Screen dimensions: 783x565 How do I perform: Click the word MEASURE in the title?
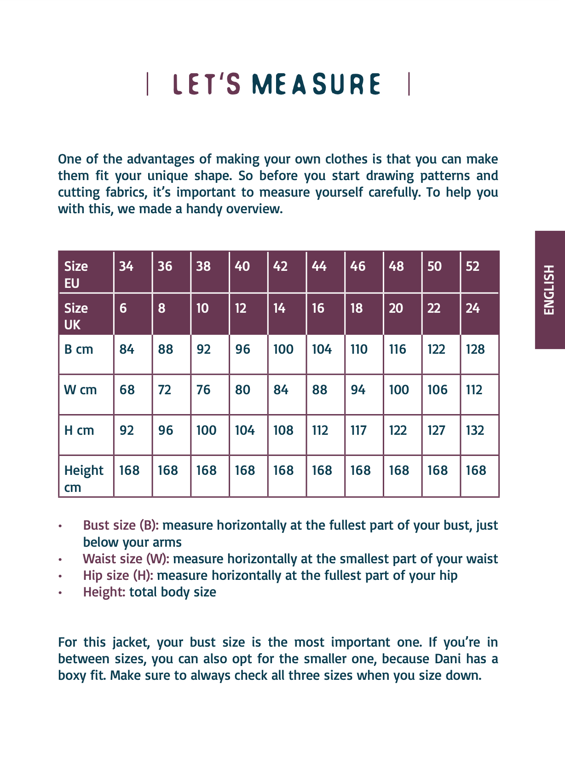coord(316,84)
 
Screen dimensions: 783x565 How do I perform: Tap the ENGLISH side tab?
coord(549,290)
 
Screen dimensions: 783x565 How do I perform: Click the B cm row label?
coord(79,350)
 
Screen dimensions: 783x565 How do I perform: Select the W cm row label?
coord(81,390)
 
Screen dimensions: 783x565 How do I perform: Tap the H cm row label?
coord(79,431)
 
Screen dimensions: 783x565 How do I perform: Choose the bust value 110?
coord(359,350)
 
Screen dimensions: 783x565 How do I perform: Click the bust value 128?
coord(475,350)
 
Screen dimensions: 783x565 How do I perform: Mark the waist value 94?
coord(358,390)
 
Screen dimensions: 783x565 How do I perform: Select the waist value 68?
coord(127,390)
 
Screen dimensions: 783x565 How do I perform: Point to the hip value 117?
coord(358,431)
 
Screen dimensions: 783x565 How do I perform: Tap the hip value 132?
coord(475,431)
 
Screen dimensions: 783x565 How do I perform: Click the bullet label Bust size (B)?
coord(121,526)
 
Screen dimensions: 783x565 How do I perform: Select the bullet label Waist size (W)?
coord(126,559)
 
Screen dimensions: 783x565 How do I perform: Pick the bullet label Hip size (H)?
coord(118,576)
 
